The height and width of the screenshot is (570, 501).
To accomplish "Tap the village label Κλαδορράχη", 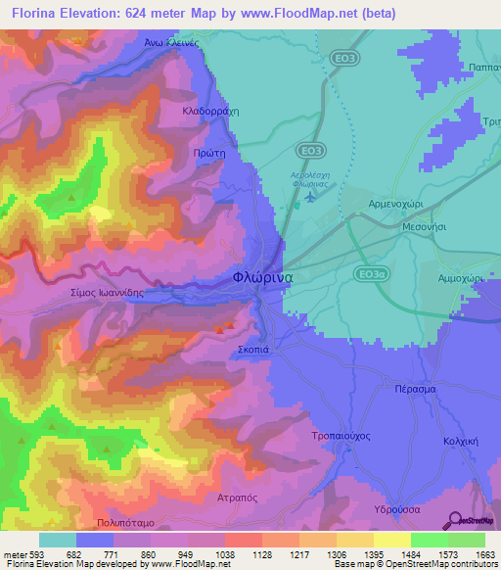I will pos(211,112).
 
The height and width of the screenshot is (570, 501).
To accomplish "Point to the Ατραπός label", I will pos(236,498).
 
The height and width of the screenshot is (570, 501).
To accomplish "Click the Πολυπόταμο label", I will pos(127,523).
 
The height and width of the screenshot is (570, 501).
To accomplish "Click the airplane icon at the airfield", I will pos(310,197).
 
